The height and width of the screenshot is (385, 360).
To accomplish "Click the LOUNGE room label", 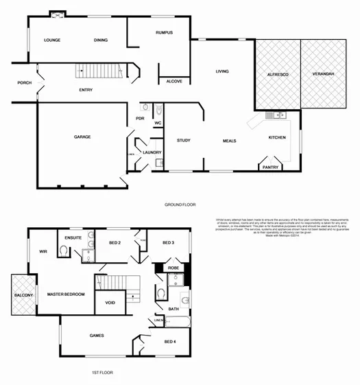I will [52, 40].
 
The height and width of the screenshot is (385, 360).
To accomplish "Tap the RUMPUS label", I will [164, 32].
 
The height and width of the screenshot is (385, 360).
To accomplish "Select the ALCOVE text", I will [174, 82].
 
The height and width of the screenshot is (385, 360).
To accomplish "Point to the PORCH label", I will [25, 83].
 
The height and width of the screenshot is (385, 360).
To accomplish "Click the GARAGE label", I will [82, 137].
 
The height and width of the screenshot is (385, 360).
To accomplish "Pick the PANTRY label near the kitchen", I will [270, 167].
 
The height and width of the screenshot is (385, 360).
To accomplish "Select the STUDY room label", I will [183, 141].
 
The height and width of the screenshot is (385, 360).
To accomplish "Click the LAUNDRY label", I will [152, 152].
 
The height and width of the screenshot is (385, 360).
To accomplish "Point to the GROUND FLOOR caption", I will [180, 205].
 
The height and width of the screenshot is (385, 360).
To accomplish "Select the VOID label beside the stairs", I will [110, 302].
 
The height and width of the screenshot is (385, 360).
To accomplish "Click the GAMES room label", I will [97, 336].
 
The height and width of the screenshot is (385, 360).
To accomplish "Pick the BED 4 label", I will [171, 341].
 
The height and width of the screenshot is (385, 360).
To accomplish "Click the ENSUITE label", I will [73, 237].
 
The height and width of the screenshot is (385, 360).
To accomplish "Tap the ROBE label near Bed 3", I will [173, 268].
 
